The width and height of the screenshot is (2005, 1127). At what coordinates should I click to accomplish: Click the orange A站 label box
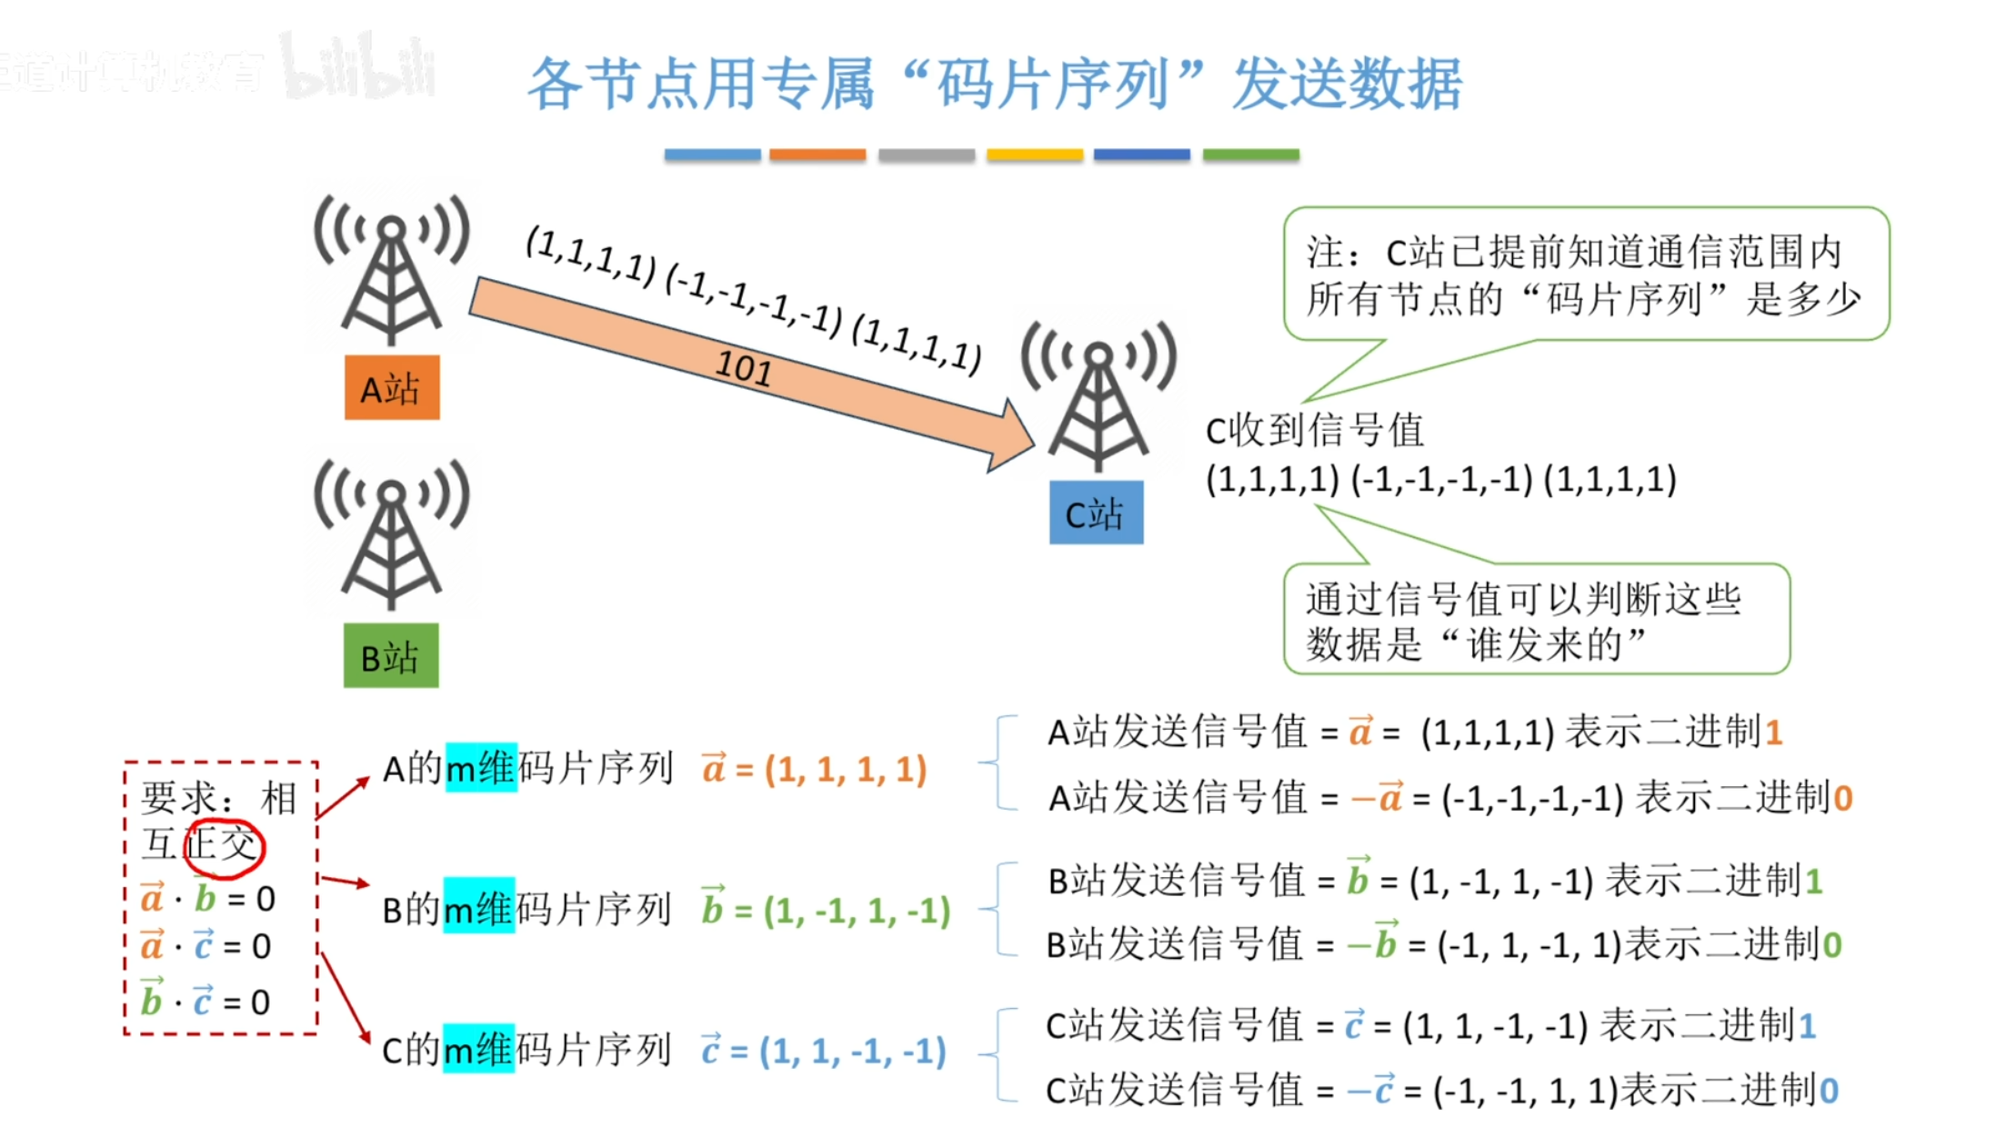coord(392,388)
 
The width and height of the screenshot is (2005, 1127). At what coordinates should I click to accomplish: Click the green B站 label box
coord(391,656)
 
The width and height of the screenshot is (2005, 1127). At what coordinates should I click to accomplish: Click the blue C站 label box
coord(1096,514)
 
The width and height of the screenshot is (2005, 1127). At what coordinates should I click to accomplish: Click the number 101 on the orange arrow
coord(744,368)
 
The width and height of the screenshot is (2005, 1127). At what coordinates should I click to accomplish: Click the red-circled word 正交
coord(223,846)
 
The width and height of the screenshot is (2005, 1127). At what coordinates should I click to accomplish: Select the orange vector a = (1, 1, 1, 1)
coord(814,770)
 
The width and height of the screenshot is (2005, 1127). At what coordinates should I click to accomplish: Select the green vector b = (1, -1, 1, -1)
coord(826,910)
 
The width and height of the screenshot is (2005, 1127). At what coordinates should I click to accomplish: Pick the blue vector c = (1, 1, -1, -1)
coord(823,1052)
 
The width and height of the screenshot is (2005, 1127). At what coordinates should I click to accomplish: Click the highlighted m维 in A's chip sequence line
coord(481,769)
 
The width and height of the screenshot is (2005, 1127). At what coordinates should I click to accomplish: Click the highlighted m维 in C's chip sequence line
coord(478,1050)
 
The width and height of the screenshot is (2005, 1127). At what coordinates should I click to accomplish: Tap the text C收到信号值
coord(1314,430)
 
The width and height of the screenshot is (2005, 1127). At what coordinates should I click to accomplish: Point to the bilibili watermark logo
coord(359,67)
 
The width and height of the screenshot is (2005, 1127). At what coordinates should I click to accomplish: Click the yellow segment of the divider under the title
coord(1035,155)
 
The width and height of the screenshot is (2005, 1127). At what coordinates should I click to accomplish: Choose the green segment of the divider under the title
coord(1250,155)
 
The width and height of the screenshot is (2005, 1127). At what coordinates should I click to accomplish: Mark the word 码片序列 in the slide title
coord(1053,85)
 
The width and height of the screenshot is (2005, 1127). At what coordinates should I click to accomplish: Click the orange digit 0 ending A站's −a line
coord(1842,798)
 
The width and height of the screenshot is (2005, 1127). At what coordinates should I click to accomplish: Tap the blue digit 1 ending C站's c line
coord(1807,1026)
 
